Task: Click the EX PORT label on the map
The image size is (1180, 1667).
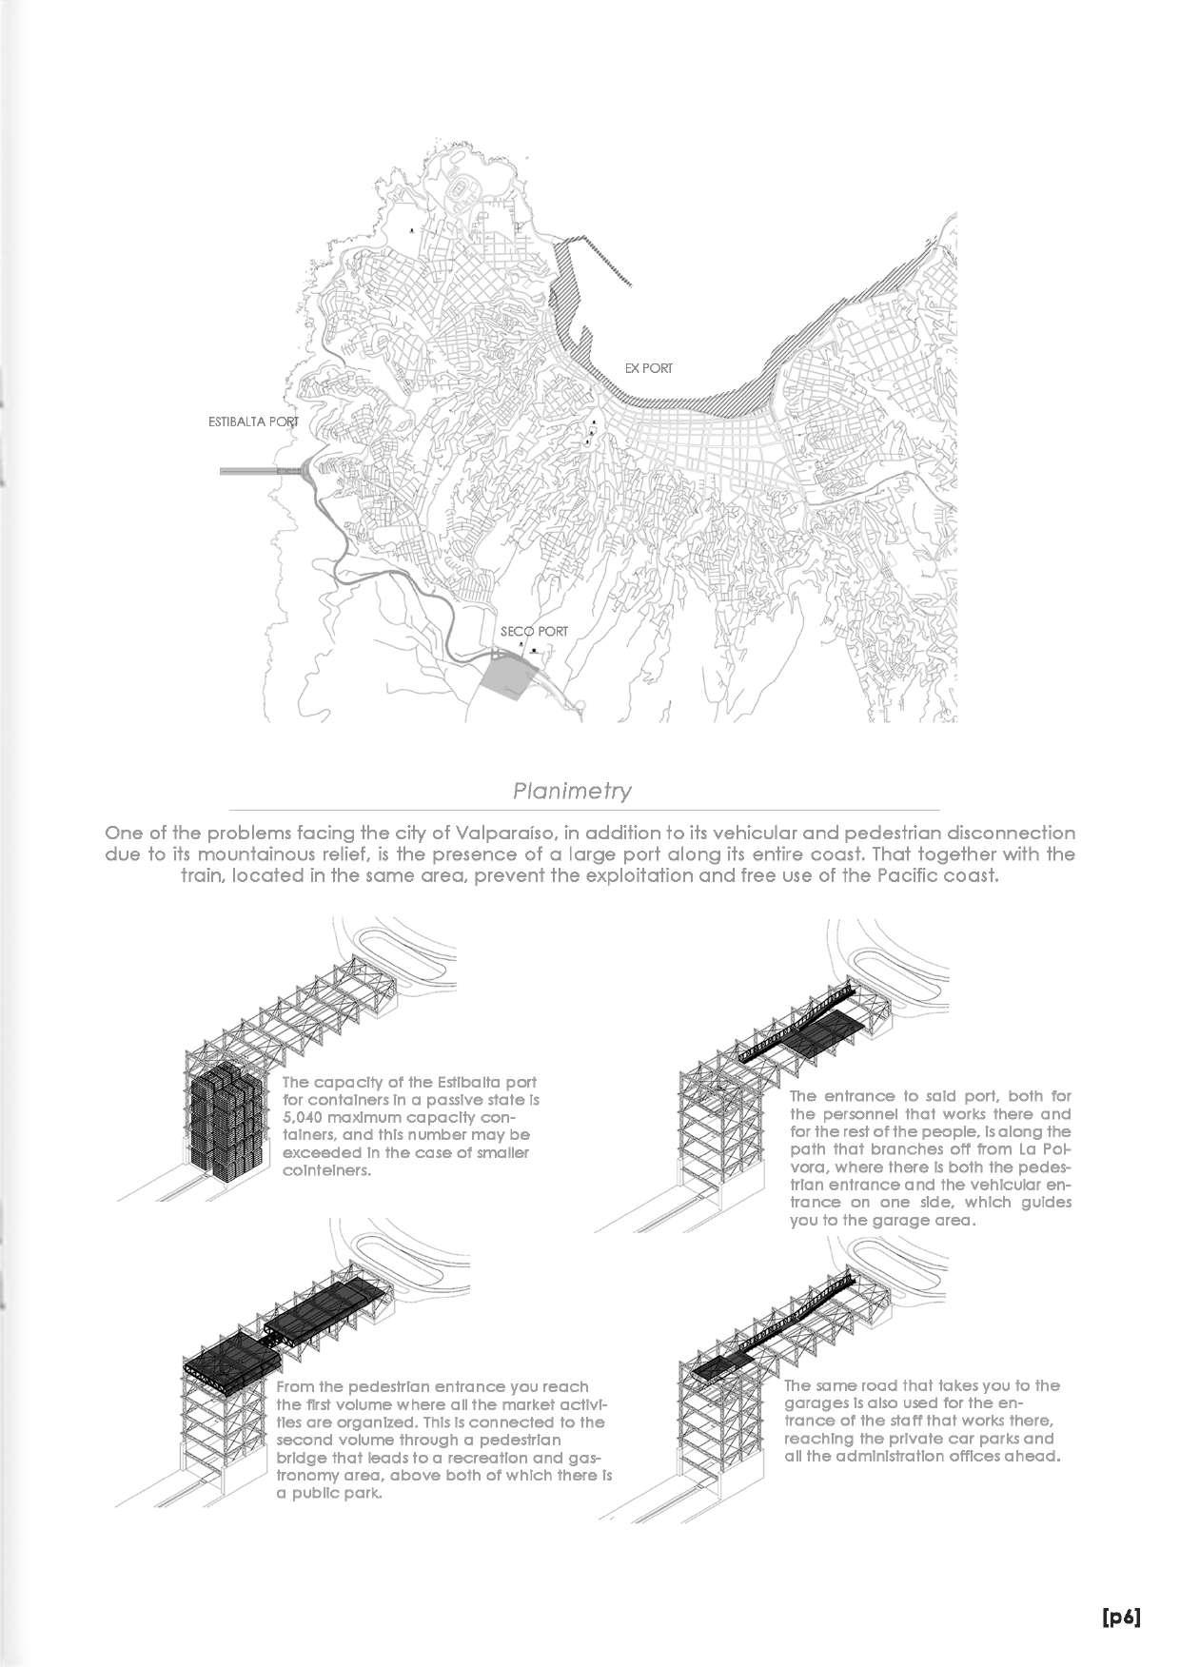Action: tap(648, 368)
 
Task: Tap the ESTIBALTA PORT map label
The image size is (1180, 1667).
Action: tap(253, 422)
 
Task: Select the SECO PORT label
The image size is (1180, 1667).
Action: tap(534, 631)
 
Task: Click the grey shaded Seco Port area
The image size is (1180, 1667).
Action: tap(505, 677)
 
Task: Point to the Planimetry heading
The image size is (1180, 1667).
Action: tap(572, 791)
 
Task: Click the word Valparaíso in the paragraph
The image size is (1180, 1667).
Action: tap(494, 833)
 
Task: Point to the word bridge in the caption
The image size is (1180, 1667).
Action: tap(299, 1458)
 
